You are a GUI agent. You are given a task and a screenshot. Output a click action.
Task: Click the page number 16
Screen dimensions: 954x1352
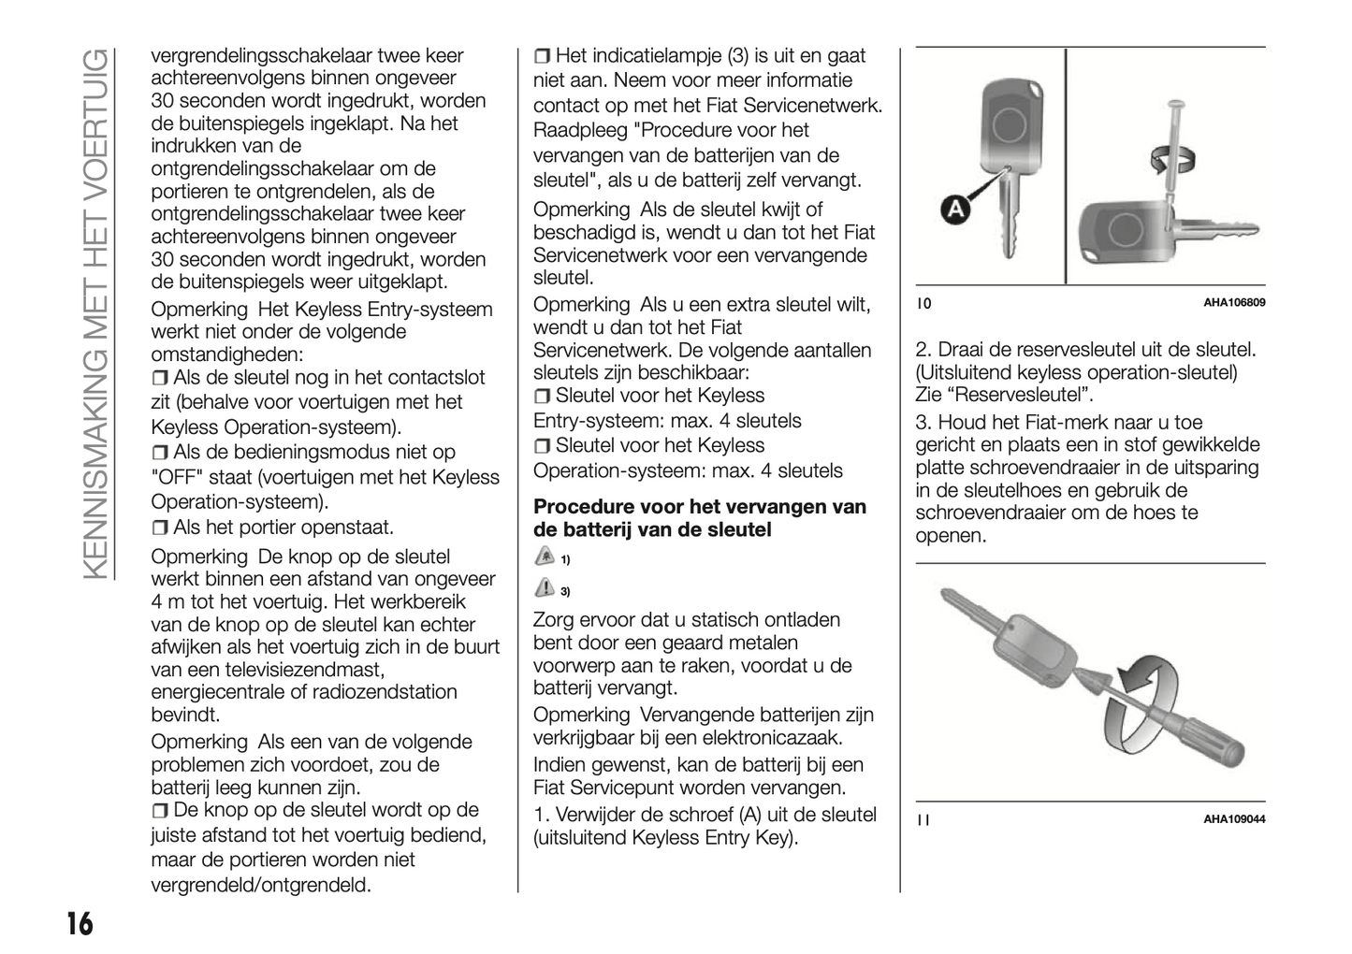coord(80,924)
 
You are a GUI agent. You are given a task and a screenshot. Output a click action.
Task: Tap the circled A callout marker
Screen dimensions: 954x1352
coord(954,212)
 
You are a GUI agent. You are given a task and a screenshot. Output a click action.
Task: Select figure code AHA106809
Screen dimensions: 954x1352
coord(1233,303)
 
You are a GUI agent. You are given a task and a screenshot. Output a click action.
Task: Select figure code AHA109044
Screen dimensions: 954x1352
coord(1233,819)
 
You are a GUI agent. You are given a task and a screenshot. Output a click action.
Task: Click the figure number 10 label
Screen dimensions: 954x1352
coord(923,303)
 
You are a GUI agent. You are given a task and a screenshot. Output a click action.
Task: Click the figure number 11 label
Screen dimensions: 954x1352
coord(923,820)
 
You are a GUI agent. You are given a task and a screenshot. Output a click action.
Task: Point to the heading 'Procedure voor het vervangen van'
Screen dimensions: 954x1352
coord(699,507)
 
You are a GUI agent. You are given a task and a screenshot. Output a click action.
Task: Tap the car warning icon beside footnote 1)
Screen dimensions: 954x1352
coord(544,556)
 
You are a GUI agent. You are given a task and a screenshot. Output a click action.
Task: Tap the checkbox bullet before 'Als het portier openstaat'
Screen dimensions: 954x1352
coord(160,528)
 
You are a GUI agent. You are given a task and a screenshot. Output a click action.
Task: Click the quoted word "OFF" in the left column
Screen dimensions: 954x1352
coord(176,478)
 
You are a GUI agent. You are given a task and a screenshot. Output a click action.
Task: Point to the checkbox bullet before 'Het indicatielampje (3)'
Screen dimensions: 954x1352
coord(542,56)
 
